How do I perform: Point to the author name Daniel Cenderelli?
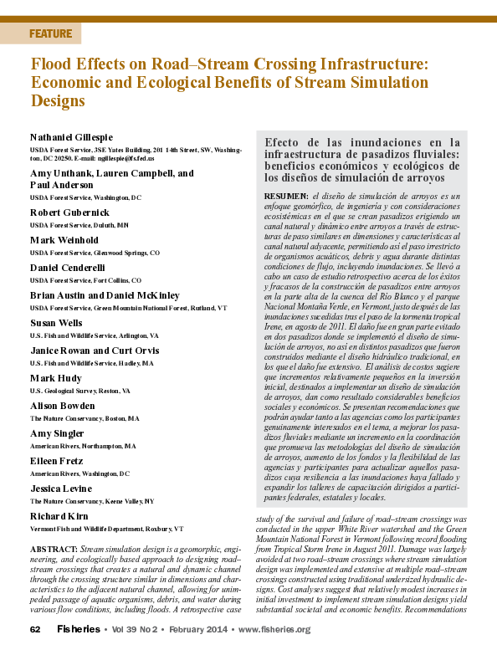point(70,266)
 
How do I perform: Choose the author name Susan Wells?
point(56,322)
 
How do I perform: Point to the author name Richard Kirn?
point(60,515)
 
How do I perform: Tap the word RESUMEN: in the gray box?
point(286,195)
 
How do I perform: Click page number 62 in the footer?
point(35,629)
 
